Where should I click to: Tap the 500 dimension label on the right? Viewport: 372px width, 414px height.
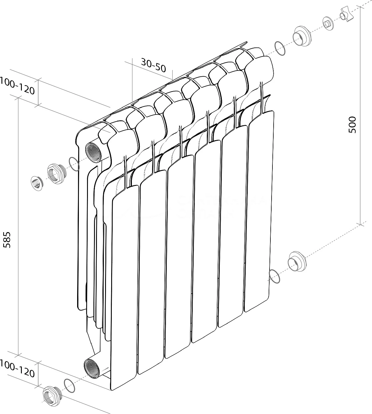(x=352, y=125)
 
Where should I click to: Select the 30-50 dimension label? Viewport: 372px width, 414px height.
(x=153, y=65)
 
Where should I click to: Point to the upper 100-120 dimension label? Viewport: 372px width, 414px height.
(x=17, y=86)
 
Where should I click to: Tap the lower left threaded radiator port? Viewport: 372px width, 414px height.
(x=92, y=369)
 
